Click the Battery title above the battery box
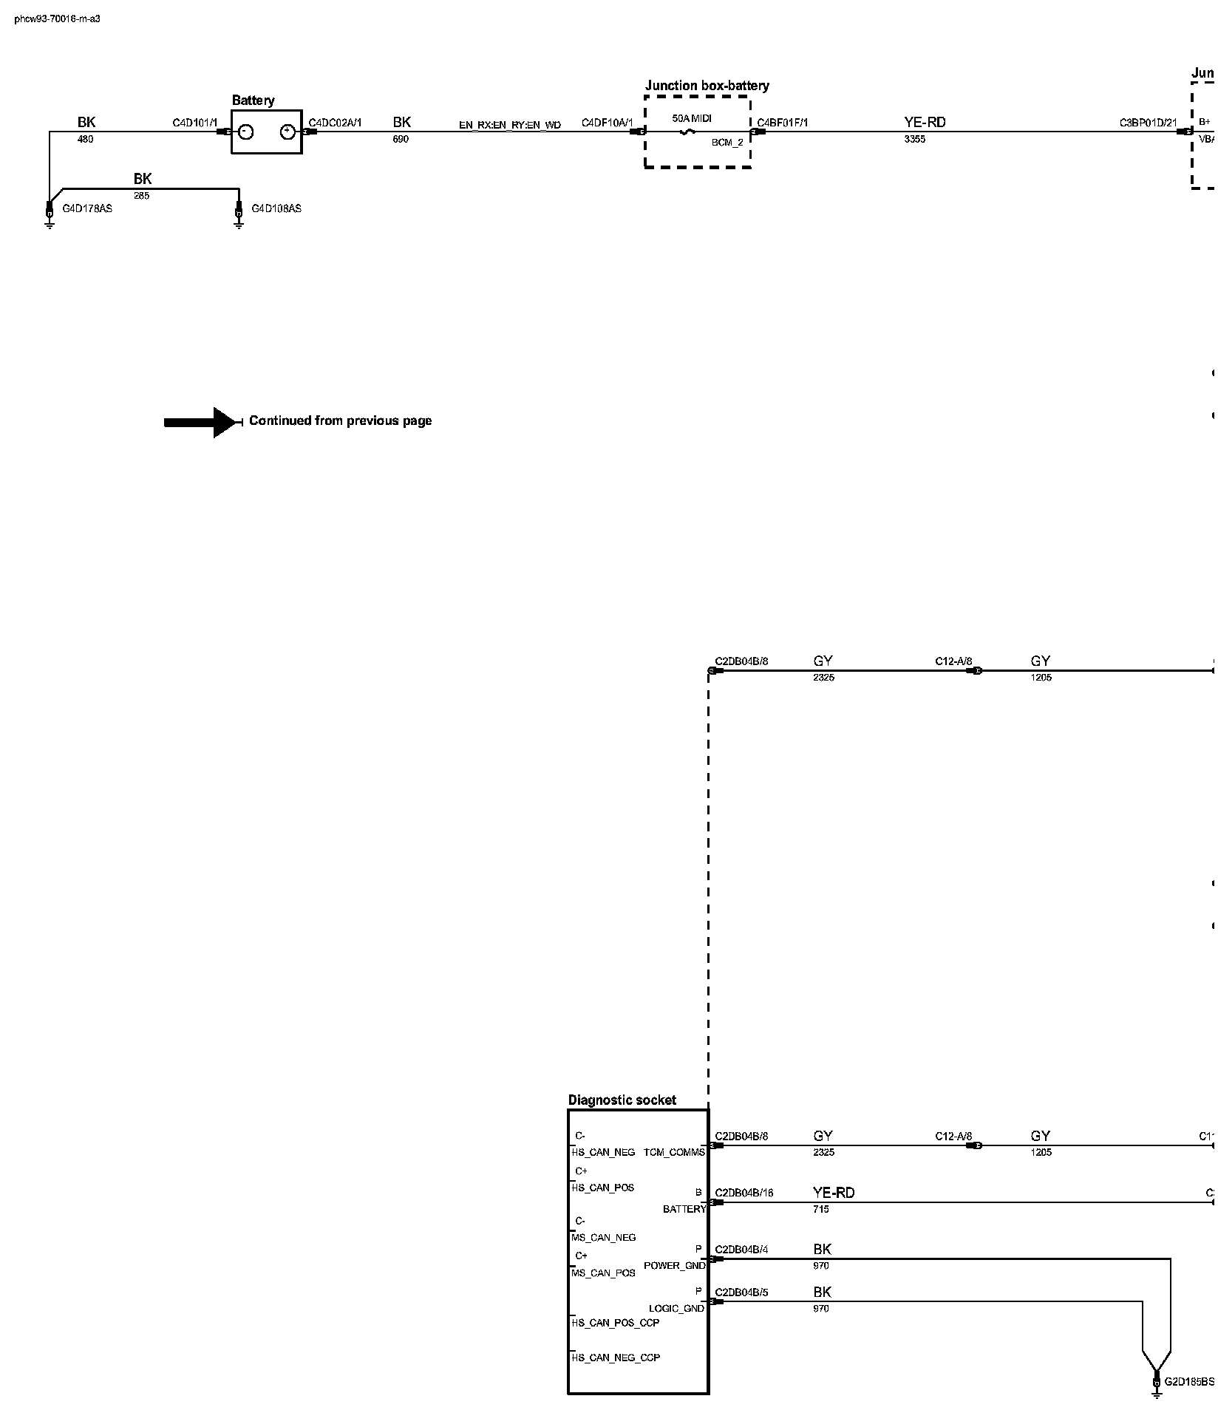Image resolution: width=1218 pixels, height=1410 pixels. [253, 101]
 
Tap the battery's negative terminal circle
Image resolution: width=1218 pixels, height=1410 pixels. [246, 132]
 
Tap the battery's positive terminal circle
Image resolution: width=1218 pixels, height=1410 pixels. [288, 132]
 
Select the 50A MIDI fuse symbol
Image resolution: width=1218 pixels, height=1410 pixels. [688, 132]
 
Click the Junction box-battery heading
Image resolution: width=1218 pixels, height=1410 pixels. [707, 86]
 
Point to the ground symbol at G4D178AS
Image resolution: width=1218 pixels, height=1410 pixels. [50, 219]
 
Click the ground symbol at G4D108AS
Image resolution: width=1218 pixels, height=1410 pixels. [239, 219]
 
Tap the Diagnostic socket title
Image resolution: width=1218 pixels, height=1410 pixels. [622, 1100]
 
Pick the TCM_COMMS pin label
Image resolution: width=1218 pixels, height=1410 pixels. [674, 1152]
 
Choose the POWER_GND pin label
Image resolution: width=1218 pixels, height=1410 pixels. [674, 1265]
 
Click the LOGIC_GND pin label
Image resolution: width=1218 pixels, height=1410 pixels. [676, 1308]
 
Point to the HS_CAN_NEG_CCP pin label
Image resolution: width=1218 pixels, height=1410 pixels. [616, 1358]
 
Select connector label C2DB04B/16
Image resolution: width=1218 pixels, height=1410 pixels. [744, 1193]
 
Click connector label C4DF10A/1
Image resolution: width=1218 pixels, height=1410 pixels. [608, 123]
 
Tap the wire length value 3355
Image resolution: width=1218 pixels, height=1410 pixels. [914, 139]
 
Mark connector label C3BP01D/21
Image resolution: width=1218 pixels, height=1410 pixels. [1148, 123]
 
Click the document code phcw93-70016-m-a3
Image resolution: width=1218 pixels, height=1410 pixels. [57, 18]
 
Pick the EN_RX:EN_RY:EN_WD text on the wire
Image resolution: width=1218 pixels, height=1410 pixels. [510, 125]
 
